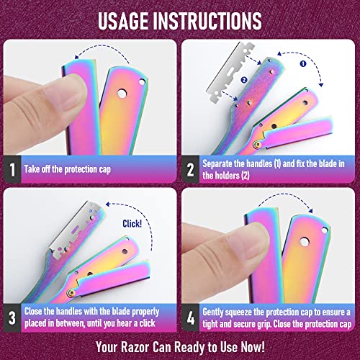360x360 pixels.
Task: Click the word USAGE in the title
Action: (x=123, y=21)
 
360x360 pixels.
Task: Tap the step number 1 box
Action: (x=12, y=169)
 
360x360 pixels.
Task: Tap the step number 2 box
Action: (x=191, y=169)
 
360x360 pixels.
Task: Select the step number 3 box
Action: (x=12, y=318)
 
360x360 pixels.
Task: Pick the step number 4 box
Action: (x=191, y=318)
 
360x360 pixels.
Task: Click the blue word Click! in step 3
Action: (x=132, y=224)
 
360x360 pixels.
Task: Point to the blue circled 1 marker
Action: (x=303, y=63)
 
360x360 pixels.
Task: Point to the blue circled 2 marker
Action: (x=244, y=80)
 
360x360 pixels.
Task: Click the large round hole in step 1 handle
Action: (x=122, y=94)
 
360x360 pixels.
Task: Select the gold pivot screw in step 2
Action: (x=257, y=145)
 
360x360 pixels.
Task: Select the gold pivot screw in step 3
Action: (x=71, y=292)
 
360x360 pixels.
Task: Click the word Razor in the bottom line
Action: (x=135, y=347)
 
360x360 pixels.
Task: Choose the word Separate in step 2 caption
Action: (x=217, y=164)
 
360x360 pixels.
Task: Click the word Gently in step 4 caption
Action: (x=213, y=312)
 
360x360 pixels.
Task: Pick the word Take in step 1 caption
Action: (x=32, y=169)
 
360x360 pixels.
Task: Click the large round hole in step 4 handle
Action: (x=305, y=242)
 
